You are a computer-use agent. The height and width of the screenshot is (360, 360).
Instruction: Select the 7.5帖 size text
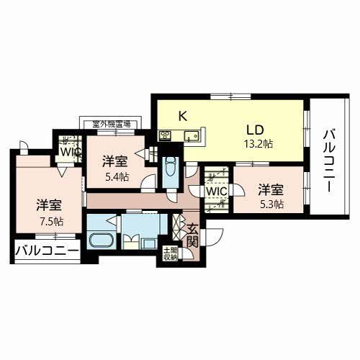[x=51, y=221]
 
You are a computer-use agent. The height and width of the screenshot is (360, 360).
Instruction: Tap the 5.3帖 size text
[x=271, y=204]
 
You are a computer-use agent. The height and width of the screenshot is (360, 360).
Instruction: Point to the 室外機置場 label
[x=107, y=124]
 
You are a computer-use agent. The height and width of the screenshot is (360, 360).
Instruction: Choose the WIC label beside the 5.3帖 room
[x=216, y=192]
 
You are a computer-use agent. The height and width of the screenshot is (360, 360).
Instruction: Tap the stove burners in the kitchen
[x=164, y=135]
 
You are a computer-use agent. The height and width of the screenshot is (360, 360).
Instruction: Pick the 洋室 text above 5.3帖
[x=271, y=190]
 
